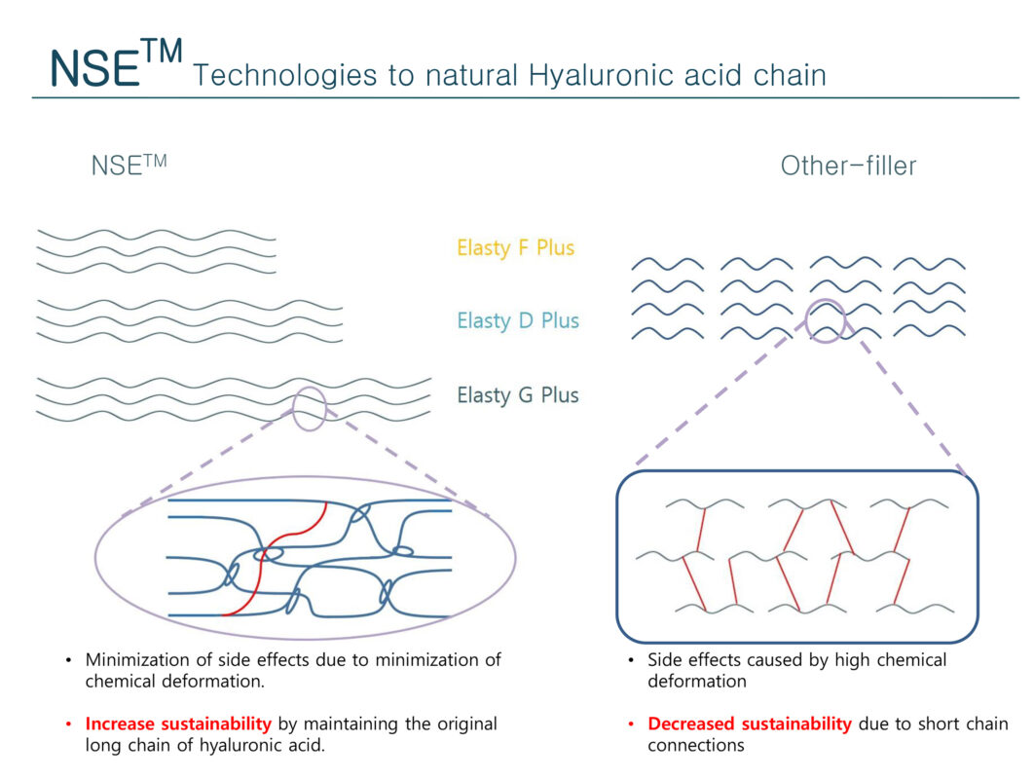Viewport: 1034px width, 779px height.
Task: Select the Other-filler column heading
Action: pyautogui.click(x=848, y=166)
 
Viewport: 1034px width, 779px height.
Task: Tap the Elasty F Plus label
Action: pyautogui.click(x=516, y=248)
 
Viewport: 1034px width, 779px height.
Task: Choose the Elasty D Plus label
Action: pyautogui.click(x=518, y=320)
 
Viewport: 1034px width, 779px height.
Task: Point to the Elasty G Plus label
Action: pyautogui.click(x=518, y=395)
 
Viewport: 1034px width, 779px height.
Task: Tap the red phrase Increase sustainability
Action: pyautogui.click(x=178, y=723)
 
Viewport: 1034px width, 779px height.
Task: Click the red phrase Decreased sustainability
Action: pyautogui.click(x=749, y=723)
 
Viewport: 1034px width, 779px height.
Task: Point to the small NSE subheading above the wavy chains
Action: pyautogui.click(x=129, y=165)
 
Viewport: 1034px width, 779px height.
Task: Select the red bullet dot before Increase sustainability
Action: pyautogui.click(x=68, y=724)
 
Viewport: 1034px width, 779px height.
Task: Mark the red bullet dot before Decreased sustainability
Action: pyautogui.click(x=631, y=724)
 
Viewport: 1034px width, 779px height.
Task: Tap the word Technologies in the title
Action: pyautogui.click(x=285, y=75)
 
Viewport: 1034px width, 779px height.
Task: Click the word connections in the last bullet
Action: pyautogui.click(x=696, y=745)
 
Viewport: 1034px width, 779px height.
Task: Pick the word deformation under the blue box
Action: pyautogui.click(x=697, y=682)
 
